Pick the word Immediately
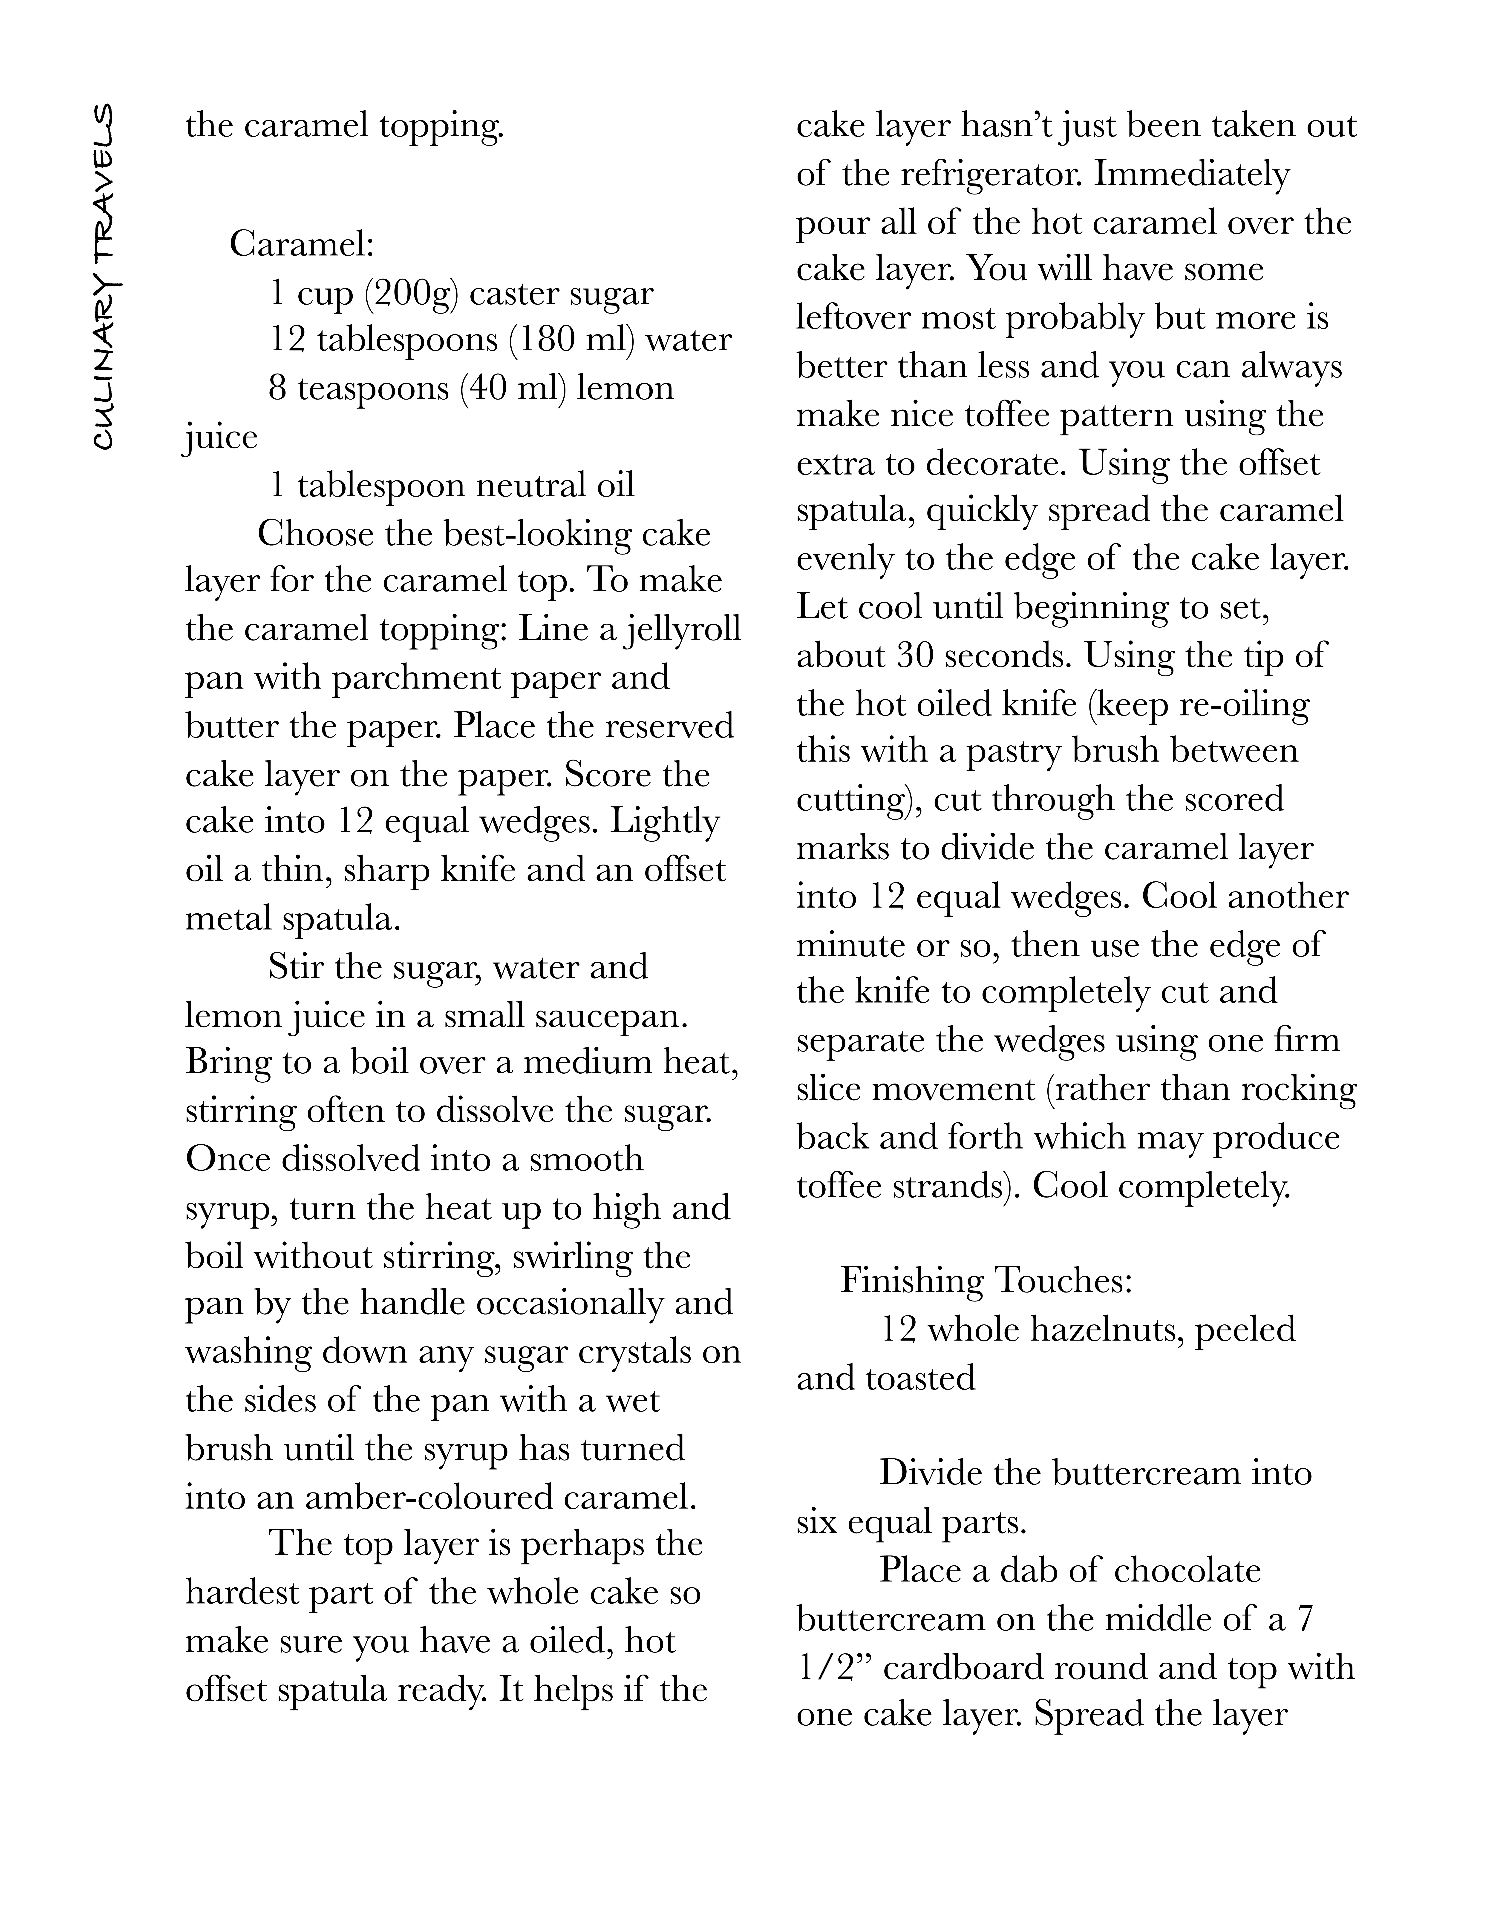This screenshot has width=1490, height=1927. point(1192,174)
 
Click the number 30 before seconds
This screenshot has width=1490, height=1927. point(914,656)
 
